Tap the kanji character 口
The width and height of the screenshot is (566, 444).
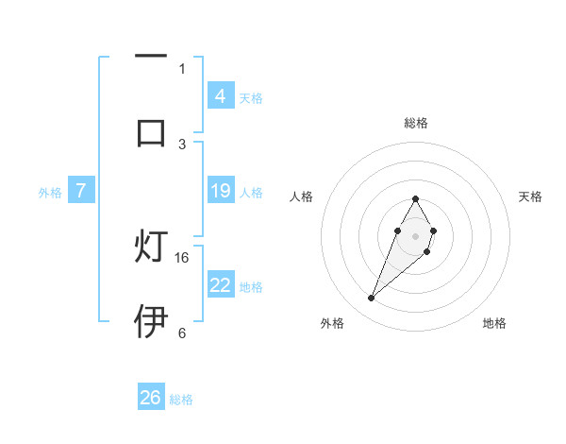[151, 131]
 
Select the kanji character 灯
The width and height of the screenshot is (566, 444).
[151, 248]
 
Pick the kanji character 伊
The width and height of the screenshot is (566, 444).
[151, 322]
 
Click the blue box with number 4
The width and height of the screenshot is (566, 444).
[220, 95]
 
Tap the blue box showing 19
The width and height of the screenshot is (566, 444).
[220, 191]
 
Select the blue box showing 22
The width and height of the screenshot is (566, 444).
[220, 284]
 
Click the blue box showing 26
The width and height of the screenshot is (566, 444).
[151, 398]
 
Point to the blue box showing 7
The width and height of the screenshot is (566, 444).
[81, 191]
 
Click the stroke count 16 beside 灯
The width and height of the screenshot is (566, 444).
[183, 257]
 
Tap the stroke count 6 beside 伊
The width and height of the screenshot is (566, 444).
[182, 333]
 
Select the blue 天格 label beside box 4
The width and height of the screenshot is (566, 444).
[251, 97]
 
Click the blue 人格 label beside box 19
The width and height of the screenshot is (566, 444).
[251, 193]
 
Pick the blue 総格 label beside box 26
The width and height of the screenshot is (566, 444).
[181, 400]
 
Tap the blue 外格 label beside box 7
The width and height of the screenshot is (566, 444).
[50, 193]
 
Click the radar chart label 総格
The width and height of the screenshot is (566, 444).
[415, 123]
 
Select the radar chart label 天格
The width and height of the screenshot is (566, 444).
[530, 196]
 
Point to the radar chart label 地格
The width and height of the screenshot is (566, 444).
[494, 323]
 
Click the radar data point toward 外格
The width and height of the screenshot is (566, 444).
[371, 299]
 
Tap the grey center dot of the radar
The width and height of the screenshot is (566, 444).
[415, 234]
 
